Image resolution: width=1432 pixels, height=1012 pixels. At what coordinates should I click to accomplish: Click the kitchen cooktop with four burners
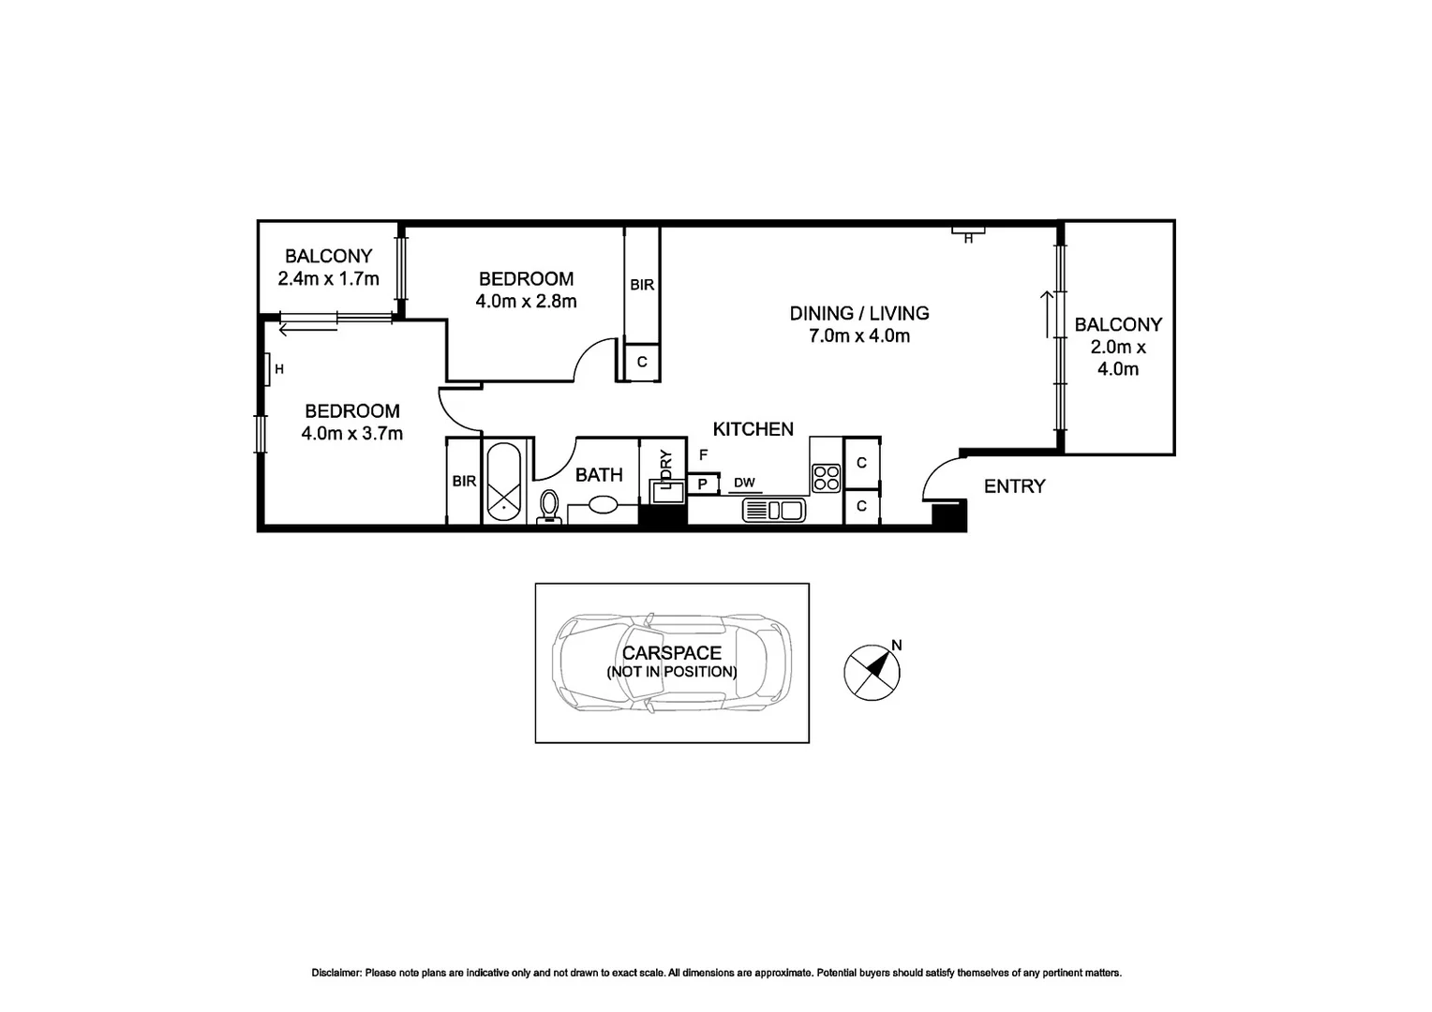point(826,478)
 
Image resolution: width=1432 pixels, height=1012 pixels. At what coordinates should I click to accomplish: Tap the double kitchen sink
point(773,511)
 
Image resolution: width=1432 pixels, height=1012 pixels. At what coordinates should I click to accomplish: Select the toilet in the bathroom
point(549,507)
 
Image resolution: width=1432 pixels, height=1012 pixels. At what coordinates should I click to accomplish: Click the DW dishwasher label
point(745,484)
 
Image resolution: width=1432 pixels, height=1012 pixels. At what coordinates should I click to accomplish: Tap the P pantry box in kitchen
point(700,484)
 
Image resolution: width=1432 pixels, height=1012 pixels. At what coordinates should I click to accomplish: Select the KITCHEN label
point(753,429)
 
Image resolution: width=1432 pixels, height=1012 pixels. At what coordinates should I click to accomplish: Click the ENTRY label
point(1014,486)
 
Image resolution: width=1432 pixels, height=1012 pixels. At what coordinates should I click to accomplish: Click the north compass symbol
point(872,671)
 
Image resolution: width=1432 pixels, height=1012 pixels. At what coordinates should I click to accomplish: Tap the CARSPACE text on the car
point(671,653)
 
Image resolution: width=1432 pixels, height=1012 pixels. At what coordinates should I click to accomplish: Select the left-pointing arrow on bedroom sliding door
point(307,327)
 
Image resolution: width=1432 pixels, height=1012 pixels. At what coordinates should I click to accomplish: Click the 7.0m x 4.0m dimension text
point(858,336)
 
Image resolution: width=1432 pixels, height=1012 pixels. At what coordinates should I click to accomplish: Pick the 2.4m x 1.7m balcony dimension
point(328,278)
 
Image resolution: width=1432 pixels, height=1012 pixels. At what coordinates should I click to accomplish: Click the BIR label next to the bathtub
point(464,482)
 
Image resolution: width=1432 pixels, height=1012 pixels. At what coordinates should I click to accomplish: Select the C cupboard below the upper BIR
point(642,362)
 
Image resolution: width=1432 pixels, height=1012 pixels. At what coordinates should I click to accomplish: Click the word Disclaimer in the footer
point(336,974)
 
